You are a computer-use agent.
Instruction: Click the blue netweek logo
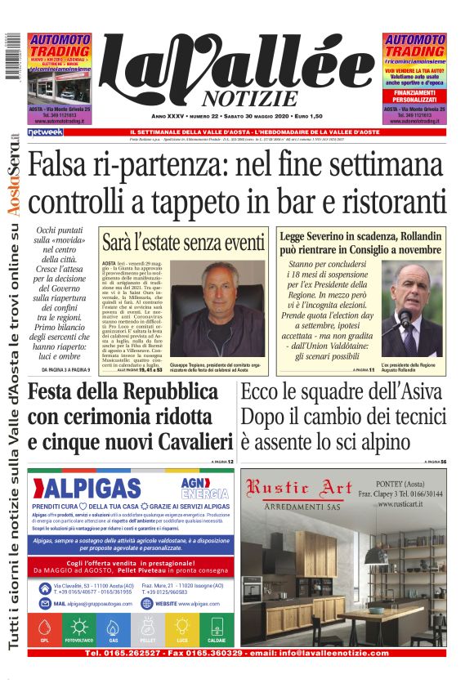44,132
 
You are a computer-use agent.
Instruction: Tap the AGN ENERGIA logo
204,487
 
